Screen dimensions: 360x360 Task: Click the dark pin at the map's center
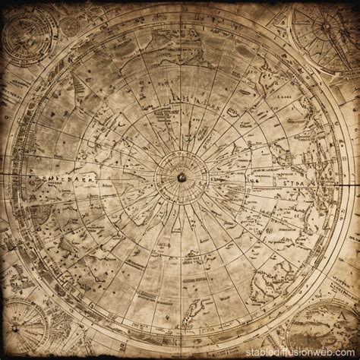pyautogui.click(x=180, y=177)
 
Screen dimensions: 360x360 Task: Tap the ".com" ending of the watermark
pyautogui.click(x=346, y=352)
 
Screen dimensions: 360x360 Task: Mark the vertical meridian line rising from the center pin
pyautogui.click(x=180, y=114)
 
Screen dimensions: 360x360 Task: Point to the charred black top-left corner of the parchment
pyautogui.click(x=4, y=4)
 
